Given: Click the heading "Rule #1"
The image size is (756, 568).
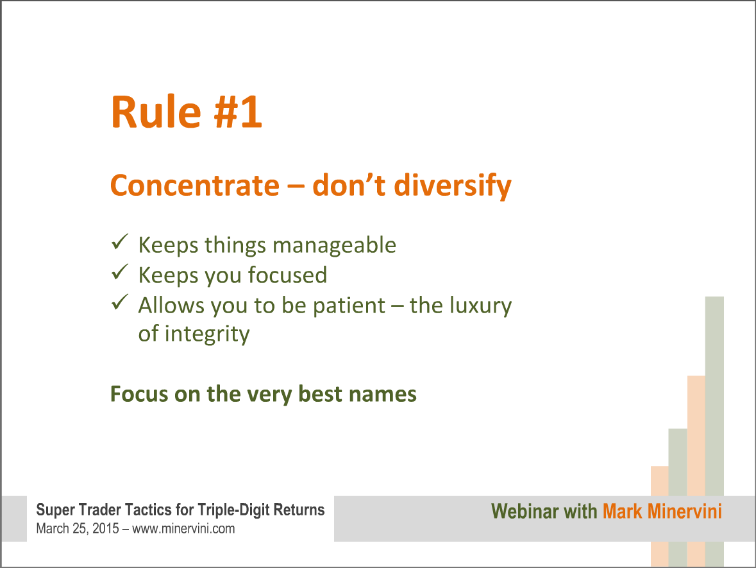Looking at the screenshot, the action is tap(186, 112).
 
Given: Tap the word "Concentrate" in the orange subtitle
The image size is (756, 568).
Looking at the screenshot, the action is tap(195, 185).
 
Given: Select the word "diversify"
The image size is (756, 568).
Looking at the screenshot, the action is tap(452, 186).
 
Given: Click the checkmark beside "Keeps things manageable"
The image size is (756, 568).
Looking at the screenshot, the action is tap(119, 241).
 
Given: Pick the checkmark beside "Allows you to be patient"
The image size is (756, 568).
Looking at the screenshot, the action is tap(119, 302).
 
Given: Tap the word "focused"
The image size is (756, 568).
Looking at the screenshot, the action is tap(287, 275).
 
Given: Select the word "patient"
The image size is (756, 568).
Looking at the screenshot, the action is tap(349, 306).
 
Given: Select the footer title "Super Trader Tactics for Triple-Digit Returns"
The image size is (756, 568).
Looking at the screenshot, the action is tap(180, 510).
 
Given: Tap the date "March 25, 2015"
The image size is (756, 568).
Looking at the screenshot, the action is tap(78, 529).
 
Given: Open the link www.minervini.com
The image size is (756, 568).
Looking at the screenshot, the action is tap(183, 529).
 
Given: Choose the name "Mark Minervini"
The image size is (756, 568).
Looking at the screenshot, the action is tap(662, 512).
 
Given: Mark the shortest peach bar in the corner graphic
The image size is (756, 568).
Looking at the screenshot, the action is tap(660, 516).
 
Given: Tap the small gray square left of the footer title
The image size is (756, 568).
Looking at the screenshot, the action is tap(14, 519).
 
